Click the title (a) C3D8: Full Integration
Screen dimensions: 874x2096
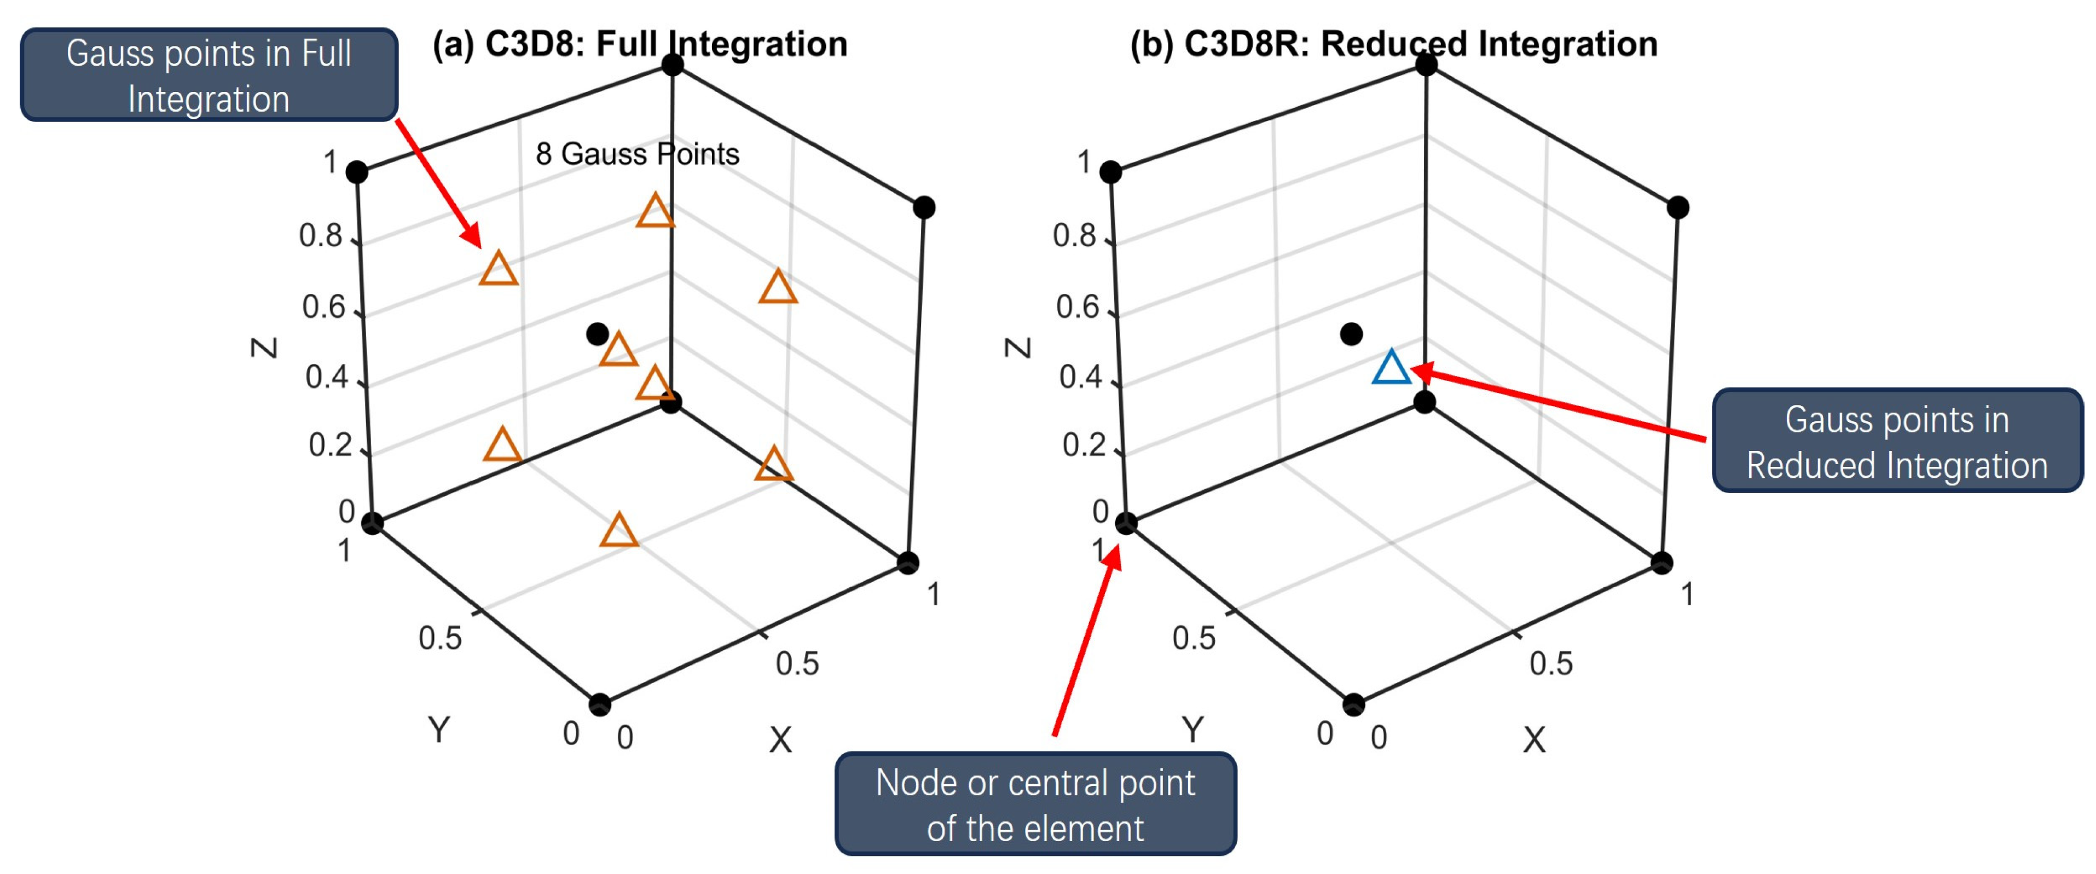coord(640,44)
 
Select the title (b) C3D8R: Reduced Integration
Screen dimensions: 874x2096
coord(1393,44)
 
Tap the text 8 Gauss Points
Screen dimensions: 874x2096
coord(637,154)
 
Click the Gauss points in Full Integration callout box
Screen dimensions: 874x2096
coord(209,76)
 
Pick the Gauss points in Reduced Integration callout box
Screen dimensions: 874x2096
coord(1897,442)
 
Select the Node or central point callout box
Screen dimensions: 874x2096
coord(1035,804)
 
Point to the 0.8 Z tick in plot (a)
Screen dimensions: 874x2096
coord(321,236)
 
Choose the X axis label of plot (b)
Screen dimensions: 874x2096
coord(1534,740)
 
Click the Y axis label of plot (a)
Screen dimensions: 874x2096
coord(438,728)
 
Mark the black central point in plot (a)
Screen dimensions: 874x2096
coord(597,334)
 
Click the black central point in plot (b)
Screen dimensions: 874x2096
coord(1351,334)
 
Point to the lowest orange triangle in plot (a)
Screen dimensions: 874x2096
coord(619,531)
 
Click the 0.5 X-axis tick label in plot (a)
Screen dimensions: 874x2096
coord(797,663)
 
